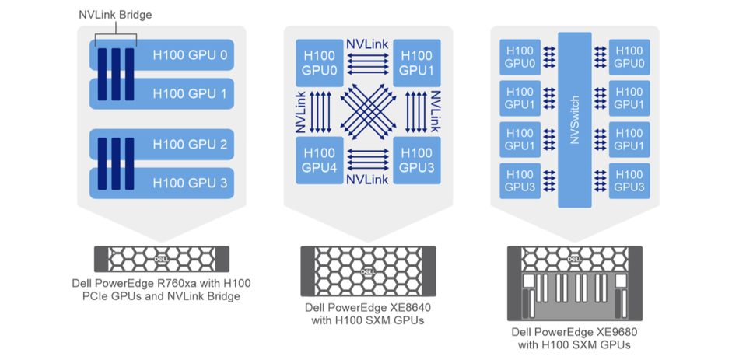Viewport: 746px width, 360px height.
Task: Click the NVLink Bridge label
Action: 115,16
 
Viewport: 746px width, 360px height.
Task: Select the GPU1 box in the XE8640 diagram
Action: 417,63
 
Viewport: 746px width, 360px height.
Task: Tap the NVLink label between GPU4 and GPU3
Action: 367,180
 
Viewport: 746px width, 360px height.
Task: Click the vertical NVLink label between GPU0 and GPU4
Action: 300,111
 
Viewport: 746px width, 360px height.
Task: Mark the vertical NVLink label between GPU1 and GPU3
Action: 436,111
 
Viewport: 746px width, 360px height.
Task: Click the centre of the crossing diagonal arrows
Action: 368,112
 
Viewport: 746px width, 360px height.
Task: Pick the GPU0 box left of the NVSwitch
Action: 520,56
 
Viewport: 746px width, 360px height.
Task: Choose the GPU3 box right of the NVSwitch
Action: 629,180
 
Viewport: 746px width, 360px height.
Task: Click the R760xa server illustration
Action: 162,257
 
